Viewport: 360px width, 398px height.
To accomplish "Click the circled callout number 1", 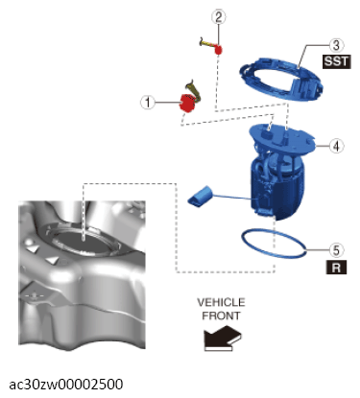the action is pos(148,103).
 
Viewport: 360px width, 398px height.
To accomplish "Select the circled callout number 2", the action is pos(219,17).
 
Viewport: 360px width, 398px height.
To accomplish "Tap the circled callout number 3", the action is pos(336,45).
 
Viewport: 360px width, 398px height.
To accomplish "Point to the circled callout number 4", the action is pos(336,146).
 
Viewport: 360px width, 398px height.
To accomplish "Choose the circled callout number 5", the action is pos(336,250).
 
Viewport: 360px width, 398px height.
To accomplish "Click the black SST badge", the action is pos(336,61).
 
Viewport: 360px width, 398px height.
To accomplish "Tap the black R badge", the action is pos(336,268).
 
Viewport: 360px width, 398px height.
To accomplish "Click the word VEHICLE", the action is pos(221,302).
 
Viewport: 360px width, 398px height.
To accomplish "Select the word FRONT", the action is pos(221,316).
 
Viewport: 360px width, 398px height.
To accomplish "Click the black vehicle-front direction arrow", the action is pos(222,338).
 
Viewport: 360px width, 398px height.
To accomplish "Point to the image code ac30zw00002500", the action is pos(66,385).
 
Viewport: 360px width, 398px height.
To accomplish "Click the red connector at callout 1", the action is pos(187,103).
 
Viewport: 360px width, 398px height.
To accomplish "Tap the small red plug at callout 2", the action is pos(219,50).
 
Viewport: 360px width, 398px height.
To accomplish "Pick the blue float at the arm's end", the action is pos(200,196).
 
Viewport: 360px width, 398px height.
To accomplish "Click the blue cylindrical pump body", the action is pos(277,189).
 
